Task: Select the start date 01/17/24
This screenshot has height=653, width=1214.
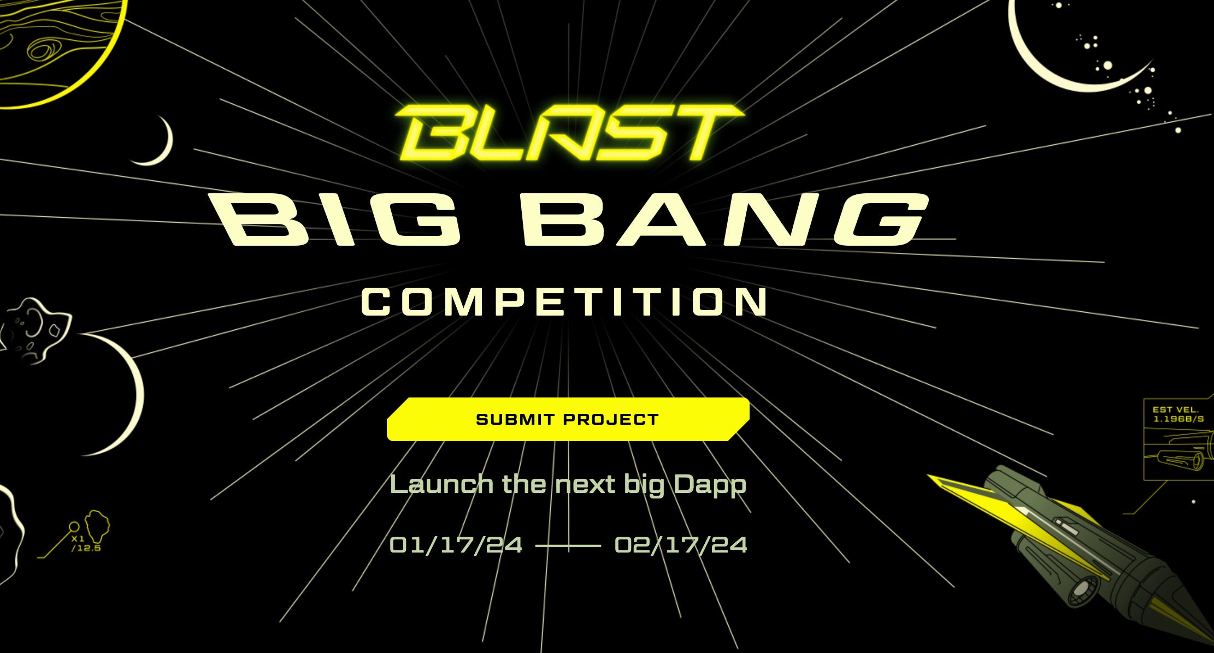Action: [x=456, y=545]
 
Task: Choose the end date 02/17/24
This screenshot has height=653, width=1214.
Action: [x=681, y=545]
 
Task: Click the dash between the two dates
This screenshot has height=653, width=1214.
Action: [x=568, y=545]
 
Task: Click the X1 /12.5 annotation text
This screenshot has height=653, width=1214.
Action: [x=85, y=544]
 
